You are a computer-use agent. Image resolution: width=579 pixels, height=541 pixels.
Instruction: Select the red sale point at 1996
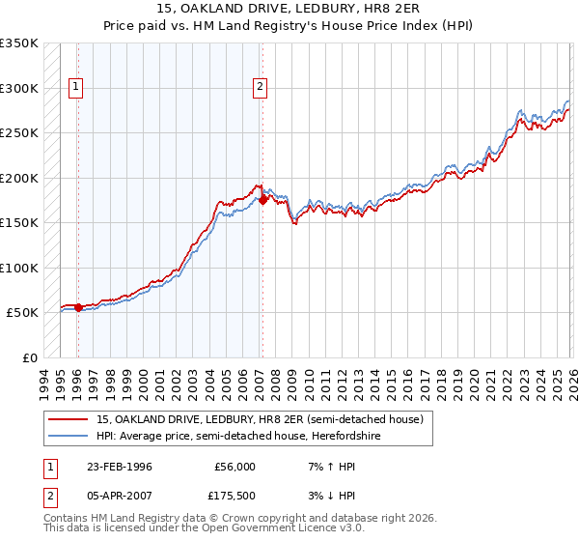click(78, 307)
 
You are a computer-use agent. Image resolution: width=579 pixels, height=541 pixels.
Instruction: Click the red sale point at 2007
click(262, 200)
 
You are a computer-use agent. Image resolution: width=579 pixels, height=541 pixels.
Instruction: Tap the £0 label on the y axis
click(29, 357)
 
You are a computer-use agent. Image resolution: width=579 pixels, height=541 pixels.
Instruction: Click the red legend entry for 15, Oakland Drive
click(259, 419)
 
